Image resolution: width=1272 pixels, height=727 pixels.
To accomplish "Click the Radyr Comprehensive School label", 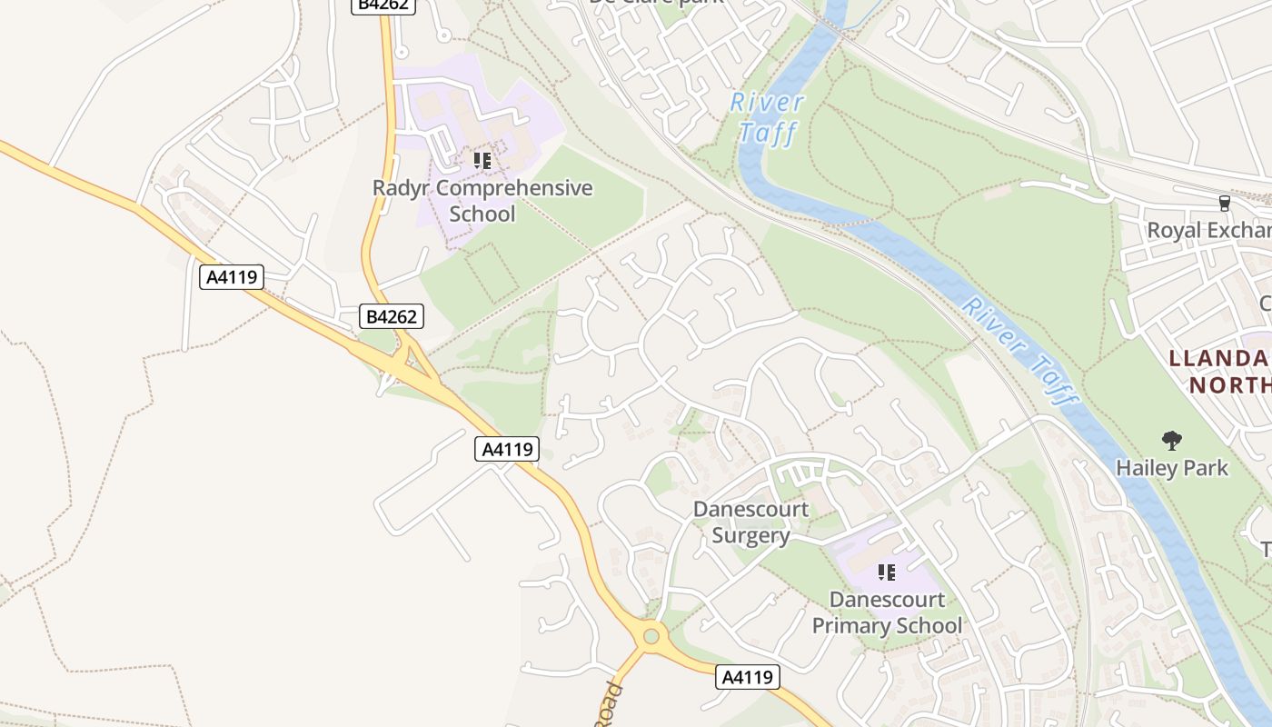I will coord(482,201).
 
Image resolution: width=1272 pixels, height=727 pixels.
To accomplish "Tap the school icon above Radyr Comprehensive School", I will coord(482,161).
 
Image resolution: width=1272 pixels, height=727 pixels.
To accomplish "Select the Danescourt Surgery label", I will coord(750,522).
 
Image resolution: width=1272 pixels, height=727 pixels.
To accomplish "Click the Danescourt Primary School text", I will coord(887,612).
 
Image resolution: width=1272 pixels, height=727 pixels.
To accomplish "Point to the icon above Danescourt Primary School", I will coord(887,573).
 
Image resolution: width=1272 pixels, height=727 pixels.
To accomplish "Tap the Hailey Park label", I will coord(1172,468).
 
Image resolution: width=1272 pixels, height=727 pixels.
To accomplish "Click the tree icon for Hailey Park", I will coord(1172,441).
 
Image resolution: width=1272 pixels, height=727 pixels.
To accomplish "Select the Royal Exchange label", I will coord(1208,230).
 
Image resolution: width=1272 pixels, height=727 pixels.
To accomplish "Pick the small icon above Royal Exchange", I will coord(1224,203).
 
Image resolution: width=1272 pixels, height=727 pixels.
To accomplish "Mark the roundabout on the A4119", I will coord(651,636).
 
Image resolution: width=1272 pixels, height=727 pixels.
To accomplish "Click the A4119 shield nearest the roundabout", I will coord(748,677).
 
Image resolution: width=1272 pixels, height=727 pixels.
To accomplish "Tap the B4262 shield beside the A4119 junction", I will coord(392,316).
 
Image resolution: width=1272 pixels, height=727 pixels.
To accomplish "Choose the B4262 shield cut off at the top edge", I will coord(384,5).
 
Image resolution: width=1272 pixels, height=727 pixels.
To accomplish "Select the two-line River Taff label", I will coord(768,118).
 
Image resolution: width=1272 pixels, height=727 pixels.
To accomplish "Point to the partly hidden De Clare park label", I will coord(656,3).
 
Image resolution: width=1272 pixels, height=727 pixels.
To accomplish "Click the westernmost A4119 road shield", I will coord(232,276).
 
